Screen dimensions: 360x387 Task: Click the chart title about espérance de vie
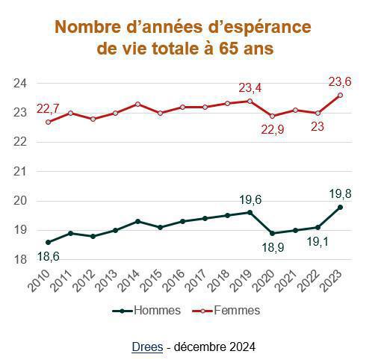click(184, 38)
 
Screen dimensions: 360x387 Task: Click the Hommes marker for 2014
click(138, 221)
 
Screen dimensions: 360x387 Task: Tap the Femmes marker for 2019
click(250, 101)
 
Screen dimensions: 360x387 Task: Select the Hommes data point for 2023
click(340, 207)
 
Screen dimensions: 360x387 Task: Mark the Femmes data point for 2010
click(49, 122)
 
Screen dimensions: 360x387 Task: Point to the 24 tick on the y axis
click(21, 82)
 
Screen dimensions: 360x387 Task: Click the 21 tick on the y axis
click(21, 171)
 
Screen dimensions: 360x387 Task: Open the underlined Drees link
click(146, 347)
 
